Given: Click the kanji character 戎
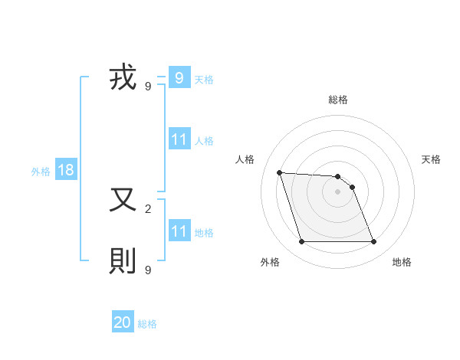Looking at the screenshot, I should click(x=123, y=78).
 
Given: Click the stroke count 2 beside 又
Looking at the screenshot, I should click(x=148, y=208).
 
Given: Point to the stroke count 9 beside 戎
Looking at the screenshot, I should click(x=148, y=87).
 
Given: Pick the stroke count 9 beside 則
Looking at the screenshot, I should click(x=148, y=270).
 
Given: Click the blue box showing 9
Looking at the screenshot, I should click(x=179, y=77).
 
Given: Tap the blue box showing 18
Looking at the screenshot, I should click(x=66, y=170).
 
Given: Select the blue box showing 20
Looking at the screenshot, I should click(x=123, y=322).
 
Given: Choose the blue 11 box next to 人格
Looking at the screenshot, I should click(x=179, y=139).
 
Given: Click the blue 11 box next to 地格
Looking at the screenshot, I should click(x=179, y=231).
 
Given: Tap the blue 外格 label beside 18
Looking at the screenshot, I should click(x=41, y=172).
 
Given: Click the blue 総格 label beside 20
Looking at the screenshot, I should click(x=147, y=324).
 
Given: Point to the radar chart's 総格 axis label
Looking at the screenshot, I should click(x=338, y=100).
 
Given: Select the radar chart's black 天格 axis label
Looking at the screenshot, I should click(x=431, y=159).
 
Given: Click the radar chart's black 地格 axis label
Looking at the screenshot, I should click(x=402, y=262).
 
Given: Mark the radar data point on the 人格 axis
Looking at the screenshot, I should click(x=280, y=172).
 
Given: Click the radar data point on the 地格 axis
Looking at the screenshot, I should click(x=373, y=242).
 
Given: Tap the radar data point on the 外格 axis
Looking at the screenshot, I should click(x=301, y=242).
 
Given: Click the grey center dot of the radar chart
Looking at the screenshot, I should click(x=337, y=191).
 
